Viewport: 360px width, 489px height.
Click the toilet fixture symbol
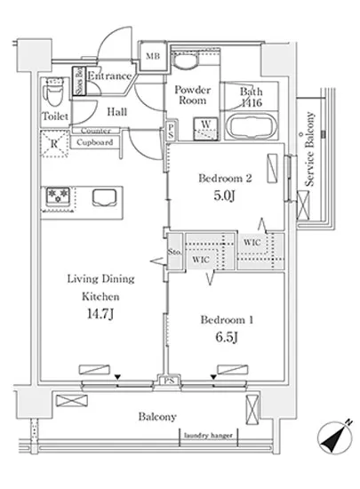click(x=54, y=92)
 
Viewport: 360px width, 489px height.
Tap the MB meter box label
click(x=153, y=56)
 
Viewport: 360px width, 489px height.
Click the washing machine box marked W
click(x=205, y=129)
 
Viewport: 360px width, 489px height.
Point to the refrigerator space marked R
click(x=55, y=144)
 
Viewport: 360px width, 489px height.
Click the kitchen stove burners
click(x=58, y=196)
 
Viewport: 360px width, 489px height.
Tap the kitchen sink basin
click(x=105, y=197)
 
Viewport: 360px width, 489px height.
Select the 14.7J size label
click(x=100, y=314)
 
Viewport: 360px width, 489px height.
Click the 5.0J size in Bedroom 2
click(x=224, y=196)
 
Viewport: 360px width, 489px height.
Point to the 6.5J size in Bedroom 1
click(x=227, y=337)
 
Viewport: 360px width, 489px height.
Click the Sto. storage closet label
click(x=174, y=252)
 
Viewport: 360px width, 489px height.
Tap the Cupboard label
click(x=94, y=142)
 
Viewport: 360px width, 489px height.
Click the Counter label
click(x=96, y=131)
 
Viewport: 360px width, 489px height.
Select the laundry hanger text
click(x=208, y=436)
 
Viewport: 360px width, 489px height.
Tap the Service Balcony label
click(x=309, y=149)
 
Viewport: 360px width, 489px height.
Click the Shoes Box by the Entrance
click(x=79, y=81)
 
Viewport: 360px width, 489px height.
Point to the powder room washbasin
click(x=186, y=60)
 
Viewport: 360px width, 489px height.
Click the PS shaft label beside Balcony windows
click(x=170, y=381)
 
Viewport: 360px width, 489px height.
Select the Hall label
click(x=116, y=112)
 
